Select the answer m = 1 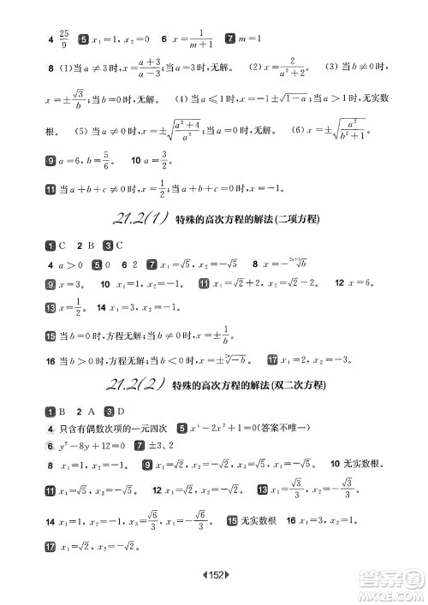tap(254, 39)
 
